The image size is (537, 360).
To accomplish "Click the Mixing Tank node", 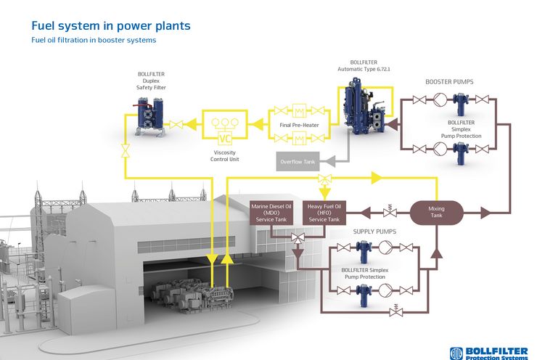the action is pyautogui.click(x=436, y=213).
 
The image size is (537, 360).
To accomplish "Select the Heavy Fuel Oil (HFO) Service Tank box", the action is pyautogui.click(x=324, y=213).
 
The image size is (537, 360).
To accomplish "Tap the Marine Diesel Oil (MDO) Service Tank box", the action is pyautogui.click(x=271, y=213).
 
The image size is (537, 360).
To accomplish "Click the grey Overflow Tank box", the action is pyautogui.click(x=298, y=161).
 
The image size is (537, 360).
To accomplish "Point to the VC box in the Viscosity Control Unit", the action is pyautogui.click(x=225, y=139).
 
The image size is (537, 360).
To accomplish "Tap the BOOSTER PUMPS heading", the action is pyautogui.click(x=449, y=82).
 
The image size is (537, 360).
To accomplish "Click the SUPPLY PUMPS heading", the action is pyautogui.click(x=374, y=232).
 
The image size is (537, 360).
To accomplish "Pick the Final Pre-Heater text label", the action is pyautogui.click(x=299, y=125).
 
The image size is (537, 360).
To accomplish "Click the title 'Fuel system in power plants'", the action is pyautogui.click(x=110, y=25).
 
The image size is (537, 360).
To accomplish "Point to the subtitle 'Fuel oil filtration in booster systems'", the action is pyautogui.click(x=94, y=40).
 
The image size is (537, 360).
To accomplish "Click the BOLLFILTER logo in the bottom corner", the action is pyautogui.click(x=488, y=353).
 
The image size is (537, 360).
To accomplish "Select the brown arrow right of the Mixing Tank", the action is pyautogui.click(x=485, y=213).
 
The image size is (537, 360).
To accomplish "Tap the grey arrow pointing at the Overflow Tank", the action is pyautogui.click(x=329, y=161).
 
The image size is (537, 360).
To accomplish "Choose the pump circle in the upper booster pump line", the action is pyautogui.click(x=440, y=99).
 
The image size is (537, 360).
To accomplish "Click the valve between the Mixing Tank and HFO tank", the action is pyautogui.click(x=390, y=211).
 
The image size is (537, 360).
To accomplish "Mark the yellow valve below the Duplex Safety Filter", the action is pyautogui.click(x=126, y=151).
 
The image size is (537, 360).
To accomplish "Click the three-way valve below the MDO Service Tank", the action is pyautogui.click(x=298, y=238).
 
